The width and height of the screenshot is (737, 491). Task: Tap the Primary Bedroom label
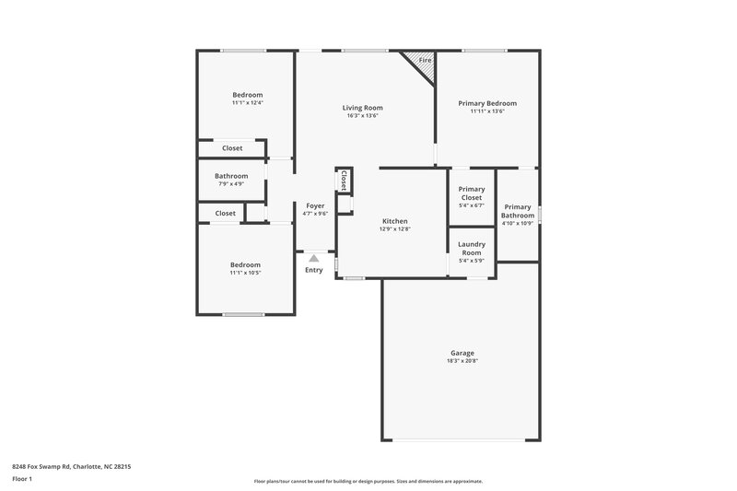(x=487, y=103)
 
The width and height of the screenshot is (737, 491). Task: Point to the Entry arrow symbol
(x=314, y=259)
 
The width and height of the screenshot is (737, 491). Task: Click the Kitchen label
(x=394, y=221)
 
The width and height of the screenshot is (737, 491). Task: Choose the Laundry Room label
(x=471, y=248)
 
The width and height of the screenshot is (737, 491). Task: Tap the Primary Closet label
(x=471, y=193)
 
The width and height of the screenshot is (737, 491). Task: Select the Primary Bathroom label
(x=518, y=211)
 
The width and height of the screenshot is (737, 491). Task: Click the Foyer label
(x=315, y=205)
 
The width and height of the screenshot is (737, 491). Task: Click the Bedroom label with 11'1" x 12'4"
(x=247, y=95)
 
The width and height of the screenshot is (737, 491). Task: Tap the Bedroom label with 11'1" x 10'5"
(x=245, y=264)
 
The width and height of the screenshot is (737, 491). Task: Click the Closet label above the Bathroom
(x=232, y=147)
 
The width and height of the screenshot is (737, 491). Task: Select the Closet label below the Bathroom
(x=225, y=213)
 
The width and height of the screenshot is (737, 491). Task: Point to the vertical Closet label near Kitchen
(x=344, y=180)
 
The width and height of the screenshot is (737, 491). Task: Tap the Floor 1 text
(x=23, y=479)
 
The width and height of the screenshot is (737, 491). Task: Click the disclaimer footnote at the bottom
(x=368, y=481)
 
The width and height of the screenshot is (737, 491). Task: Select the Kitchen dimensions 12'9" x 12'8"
(x=394, y=228)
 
